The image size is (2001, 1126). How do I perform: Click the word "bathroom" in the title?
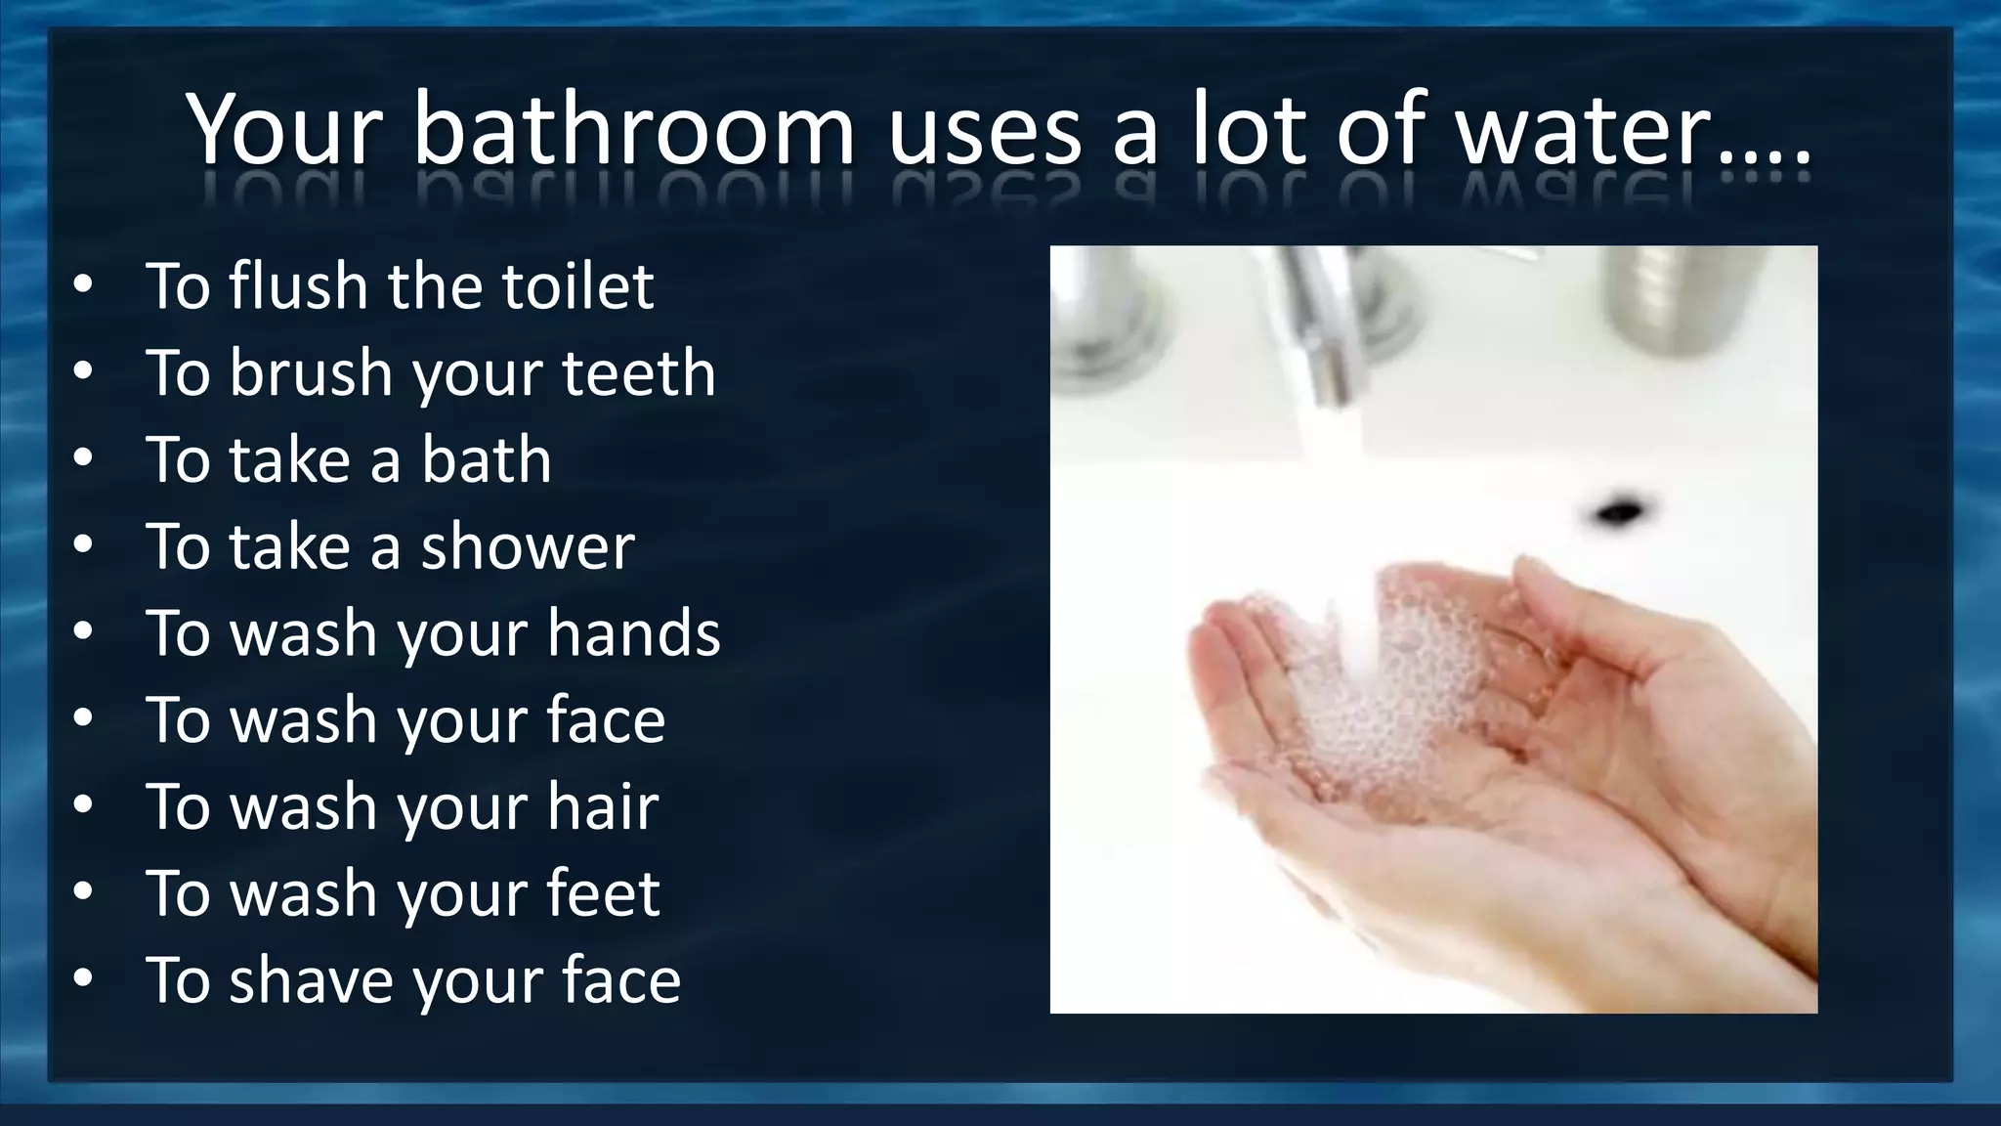[x=633, y=129]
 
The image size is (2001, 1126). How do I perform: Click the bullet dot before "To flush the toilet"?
[x=83, y=285]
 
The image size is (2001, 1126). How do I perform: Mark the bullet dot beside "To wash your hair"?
[x=83, y=806]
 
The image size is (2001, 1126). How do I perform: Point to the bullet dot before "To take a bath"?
[x=83, y=459]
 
